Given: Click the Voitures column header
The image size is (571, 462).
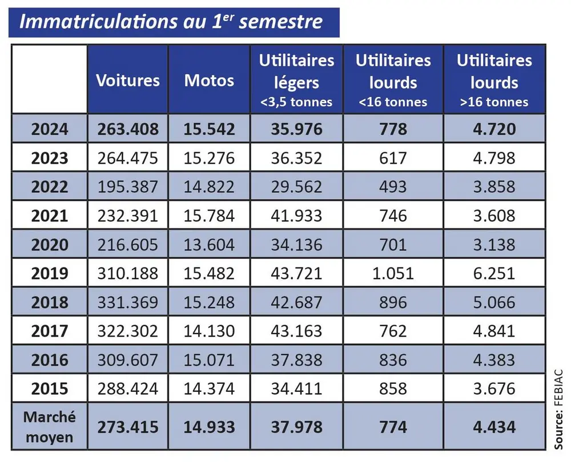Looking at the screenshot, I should coord(128,80).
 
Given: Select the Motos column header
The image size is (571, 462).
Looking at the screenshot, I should coord(209,80).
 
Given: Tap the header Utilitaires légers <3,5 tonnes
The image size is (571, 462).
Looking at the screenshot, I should coord(296,80).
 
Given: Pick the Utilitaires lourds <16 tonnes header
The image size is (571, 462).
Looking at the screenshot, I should coord(393,80).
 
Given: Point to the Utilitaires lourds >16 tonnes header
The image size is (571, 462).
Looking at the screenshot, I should coord(494,80).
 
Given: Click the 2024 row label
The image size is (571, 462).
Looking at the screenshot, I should coord(50,129).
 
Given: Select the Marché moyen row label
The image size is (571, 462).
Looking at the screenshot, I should coord(49,427).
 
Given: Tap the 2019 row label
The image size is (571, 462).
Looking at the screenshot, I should coord(50,273).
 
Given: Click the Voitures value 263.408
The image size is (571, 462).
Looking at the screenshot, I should coord(128,129).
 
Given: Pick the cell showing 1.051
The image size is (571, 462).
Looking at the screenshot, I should coord(393,273).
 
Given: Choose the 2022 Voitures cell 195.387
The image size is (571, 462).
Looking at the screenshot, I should coord(128,187).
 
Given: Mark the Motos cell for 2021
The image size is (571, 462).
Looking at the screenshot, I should coord(209,216).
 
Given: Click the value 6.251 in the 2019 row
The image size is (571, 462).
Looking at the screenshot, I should coord(494,273).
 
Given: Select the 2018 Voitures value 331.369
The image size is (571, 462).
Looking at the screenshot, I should coord(128,302).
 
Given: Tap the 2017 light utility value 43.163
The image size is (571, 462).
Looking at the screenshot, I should coord(296,331).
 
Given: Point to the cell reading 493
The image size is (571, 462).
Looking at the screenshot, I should coord(393,187).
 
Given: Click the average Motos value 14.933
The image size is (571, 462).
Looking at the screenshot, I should coord(209,427).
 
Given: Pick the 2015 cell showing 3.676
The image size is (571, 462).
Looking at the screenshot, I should coord(494,389).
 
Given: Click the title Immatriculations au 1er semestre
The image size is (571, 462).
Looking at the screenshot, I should coord(171,22).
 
